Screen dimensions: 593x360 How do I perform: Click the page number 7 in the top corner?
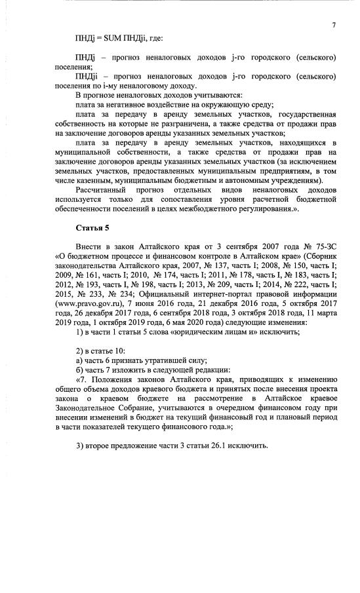333,25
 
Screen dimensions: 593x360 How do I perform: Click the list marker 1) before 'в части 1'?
80,332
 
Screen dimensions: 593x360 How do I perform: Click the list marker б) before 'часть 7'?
79,369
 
